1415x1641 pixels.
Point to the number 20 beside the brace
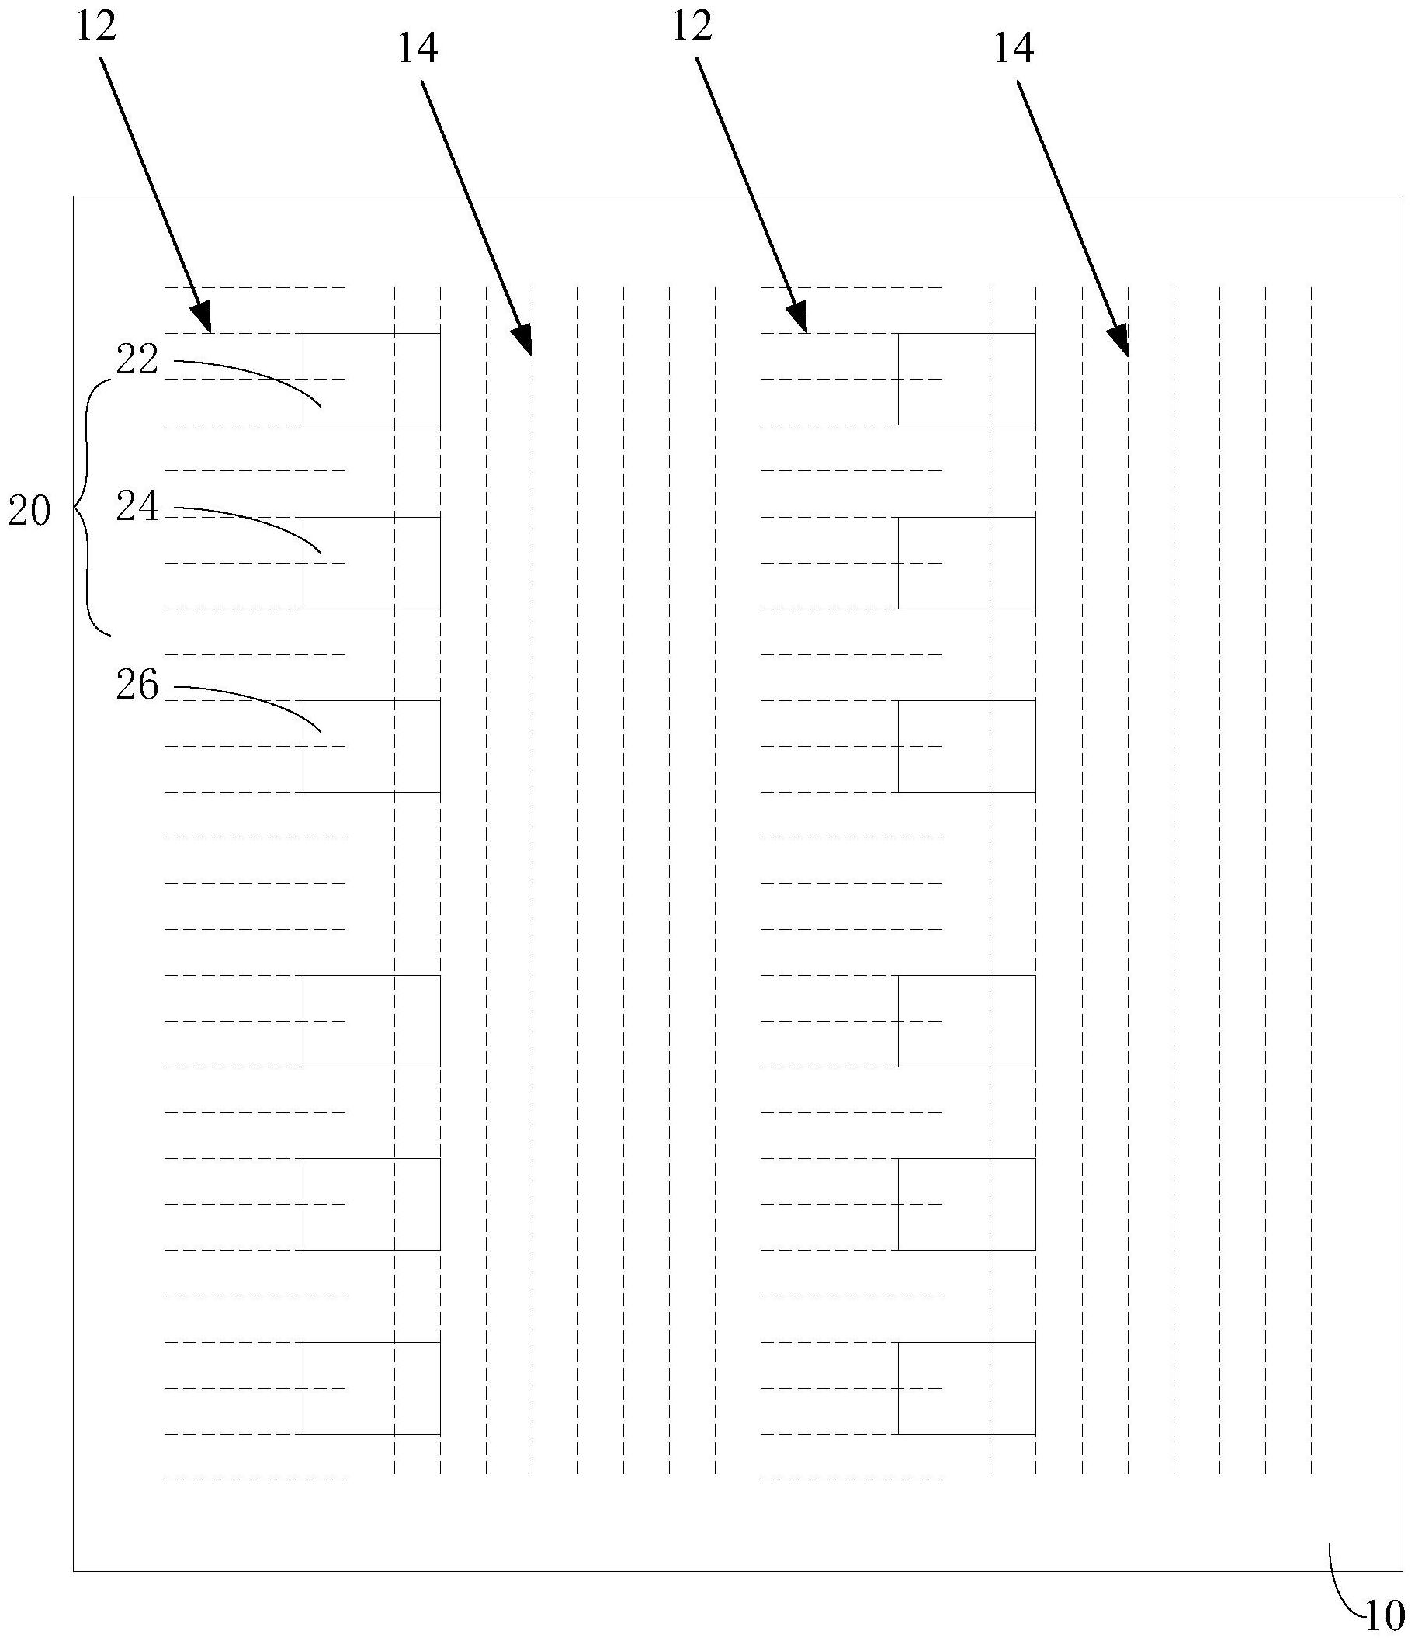pyautogui.click(x=29, y=512)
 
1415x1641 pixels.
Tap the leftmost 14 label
pyautogui.click(x=418, y=49)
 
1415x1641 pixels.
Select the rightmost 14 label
pyautogui.click(x=1014, y=49)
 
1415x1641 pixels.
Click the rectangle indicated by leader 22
pyautogui.click(x=371, y=379)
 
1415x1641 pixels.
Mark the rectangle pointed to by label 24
pyautogui.click(x=371, y=563)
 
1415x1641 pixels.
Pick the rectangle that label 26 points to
pyautogui.click(x=371, y=746)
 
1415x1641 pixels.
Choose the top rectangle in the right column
pyautogui.click(x=967, y=379)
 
